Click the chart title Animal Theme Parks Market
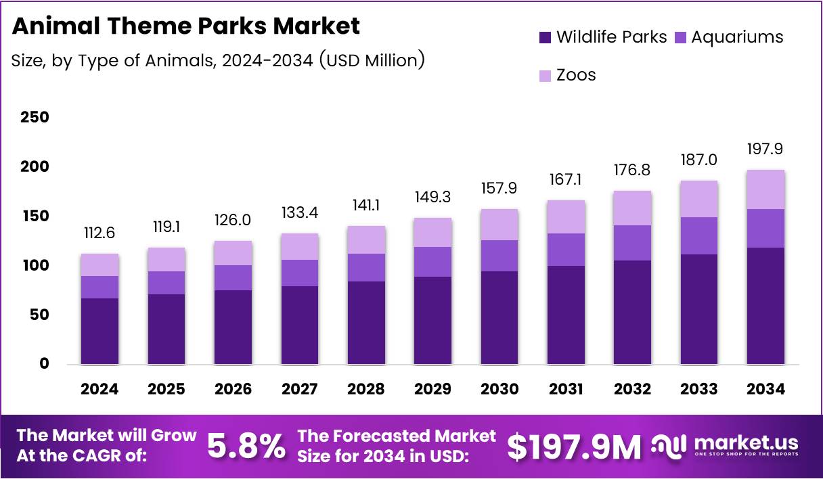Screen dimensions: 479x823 click(186, 26)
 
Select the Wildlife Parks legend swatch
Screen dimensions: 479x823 click(545, 38)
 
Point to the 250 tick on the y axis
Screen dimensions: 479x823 click(35, 118)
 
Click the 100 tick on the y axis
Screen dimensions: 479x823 click(35, 265)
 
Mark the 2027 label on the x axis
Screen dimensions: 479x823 click(299, 389)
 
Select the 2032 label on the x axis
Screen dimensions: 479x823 click(632, 389)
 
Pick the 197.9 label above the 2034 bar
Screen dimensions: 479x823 click(765, 148)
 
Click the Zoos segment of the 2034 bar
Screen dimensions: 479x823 click(765, 189)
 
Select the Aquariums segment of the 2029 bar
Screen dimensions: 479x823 click(432, 262)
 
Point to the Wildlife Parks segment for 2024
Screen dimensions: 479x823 click(99, 332)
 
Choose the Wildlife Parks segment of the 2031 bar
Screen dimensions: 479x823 click(566, 315)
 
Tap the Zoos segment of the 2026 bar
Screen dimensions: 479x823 click(233, 253)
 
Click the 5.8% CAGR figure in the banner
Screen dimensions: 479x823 click(245, 447)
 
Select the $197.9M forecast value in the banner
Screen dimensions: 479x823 click(573, 447)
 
